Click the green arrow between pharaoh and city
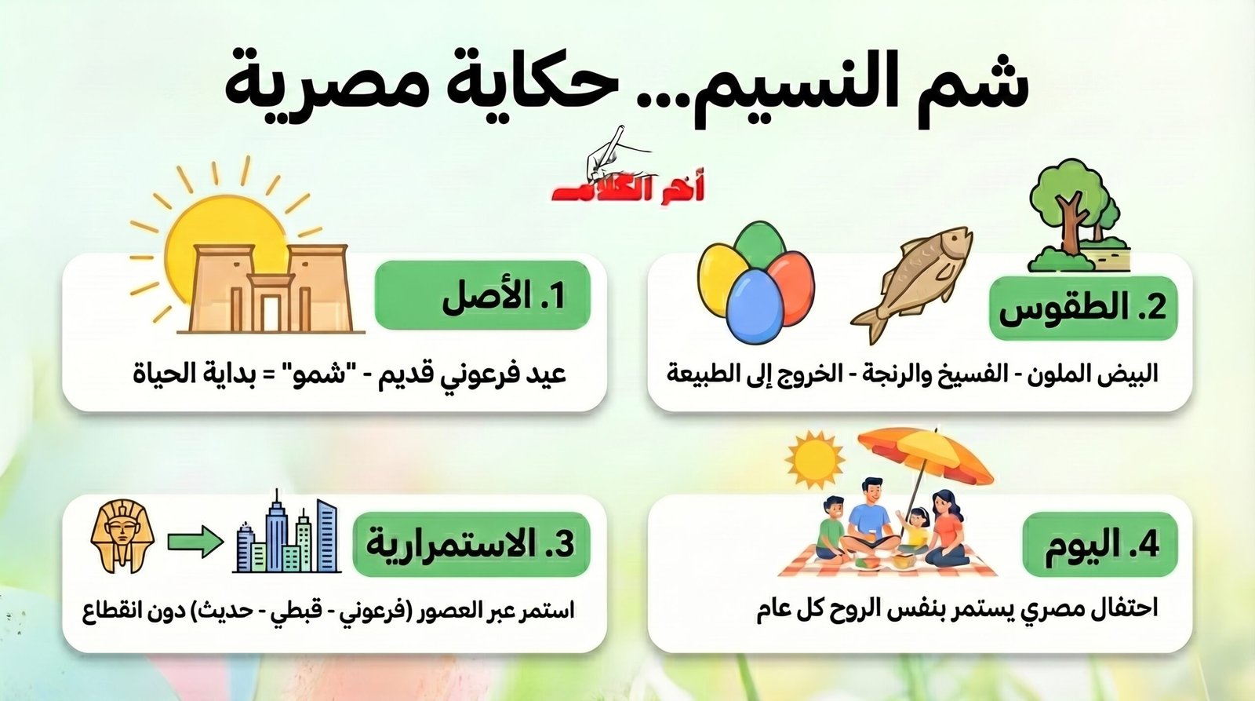(x=195, y=542)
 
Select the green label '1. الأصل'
(x=482, y=296)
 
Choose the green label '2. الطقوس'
(x=1082, y=308)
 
